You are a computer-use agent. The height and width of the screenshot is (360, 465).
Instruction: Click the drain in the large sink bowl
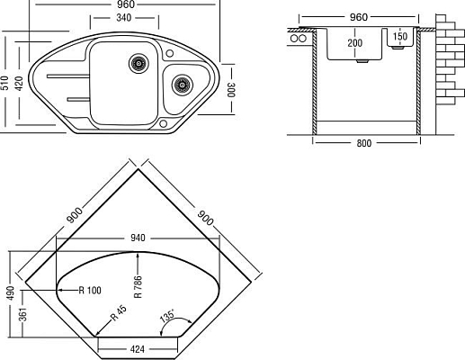point(138,63)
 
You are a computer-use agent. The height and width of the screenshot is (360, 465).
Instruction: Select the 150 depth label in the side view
point(401,37)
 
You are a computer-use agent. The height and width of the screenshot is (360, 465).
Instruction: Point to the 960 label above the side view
point(359,17)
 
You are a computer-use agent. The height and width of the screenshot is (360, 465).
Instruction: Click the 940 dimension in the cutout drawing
point(138,238)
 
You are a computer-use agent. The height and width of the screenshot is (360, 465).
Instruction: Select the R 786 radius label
point(138,285)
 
